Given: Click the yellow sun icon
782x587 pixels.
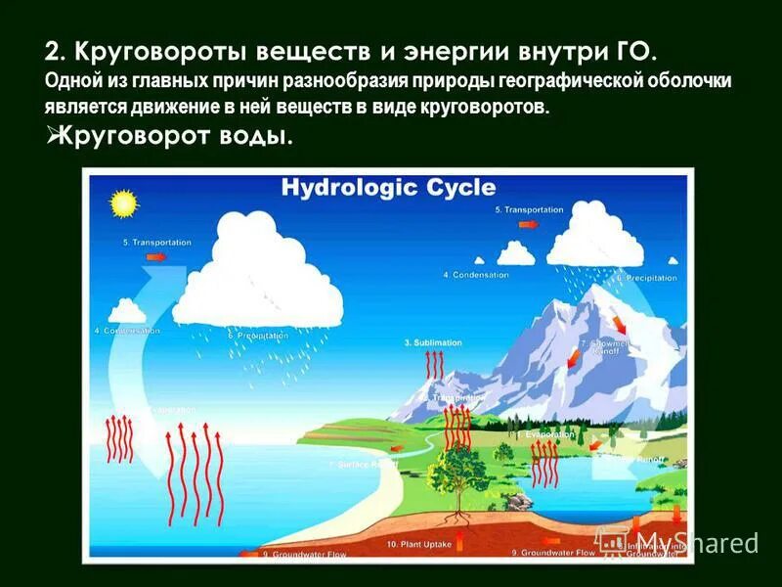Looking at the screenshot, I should click(x=123, y=204).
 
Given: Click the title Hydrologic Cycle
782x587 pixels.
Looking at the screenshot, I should click(x=388, y=188).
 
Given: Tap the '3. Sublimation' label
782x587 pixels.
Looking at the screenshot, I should click(x=433, y=343).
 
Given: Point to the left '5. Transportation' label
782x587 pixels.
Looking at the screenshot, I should click(x=156, y=242).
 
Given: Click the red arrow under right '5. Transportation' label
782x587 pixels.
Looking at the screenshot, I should click(x=529, y=225).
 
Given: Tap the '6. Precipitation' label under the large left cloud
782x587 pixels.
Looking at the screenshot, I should click(x=258, y=336).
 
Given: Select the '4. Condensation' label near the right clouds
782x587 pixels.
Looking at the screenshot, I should click(x=476, y=275).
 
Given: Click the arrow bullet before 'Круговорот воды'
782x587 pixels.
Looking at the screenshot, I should click(x=53, y=136).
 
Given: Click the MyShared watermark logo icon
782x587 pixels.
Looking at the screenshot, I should click(x=612, y=541).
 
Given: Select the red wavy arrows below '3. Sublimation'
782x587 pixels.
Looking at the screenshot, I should click(x=434, y=365).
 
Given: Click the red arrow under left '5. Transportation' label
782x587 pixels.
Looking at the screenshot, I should click(x=155, y=257).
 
